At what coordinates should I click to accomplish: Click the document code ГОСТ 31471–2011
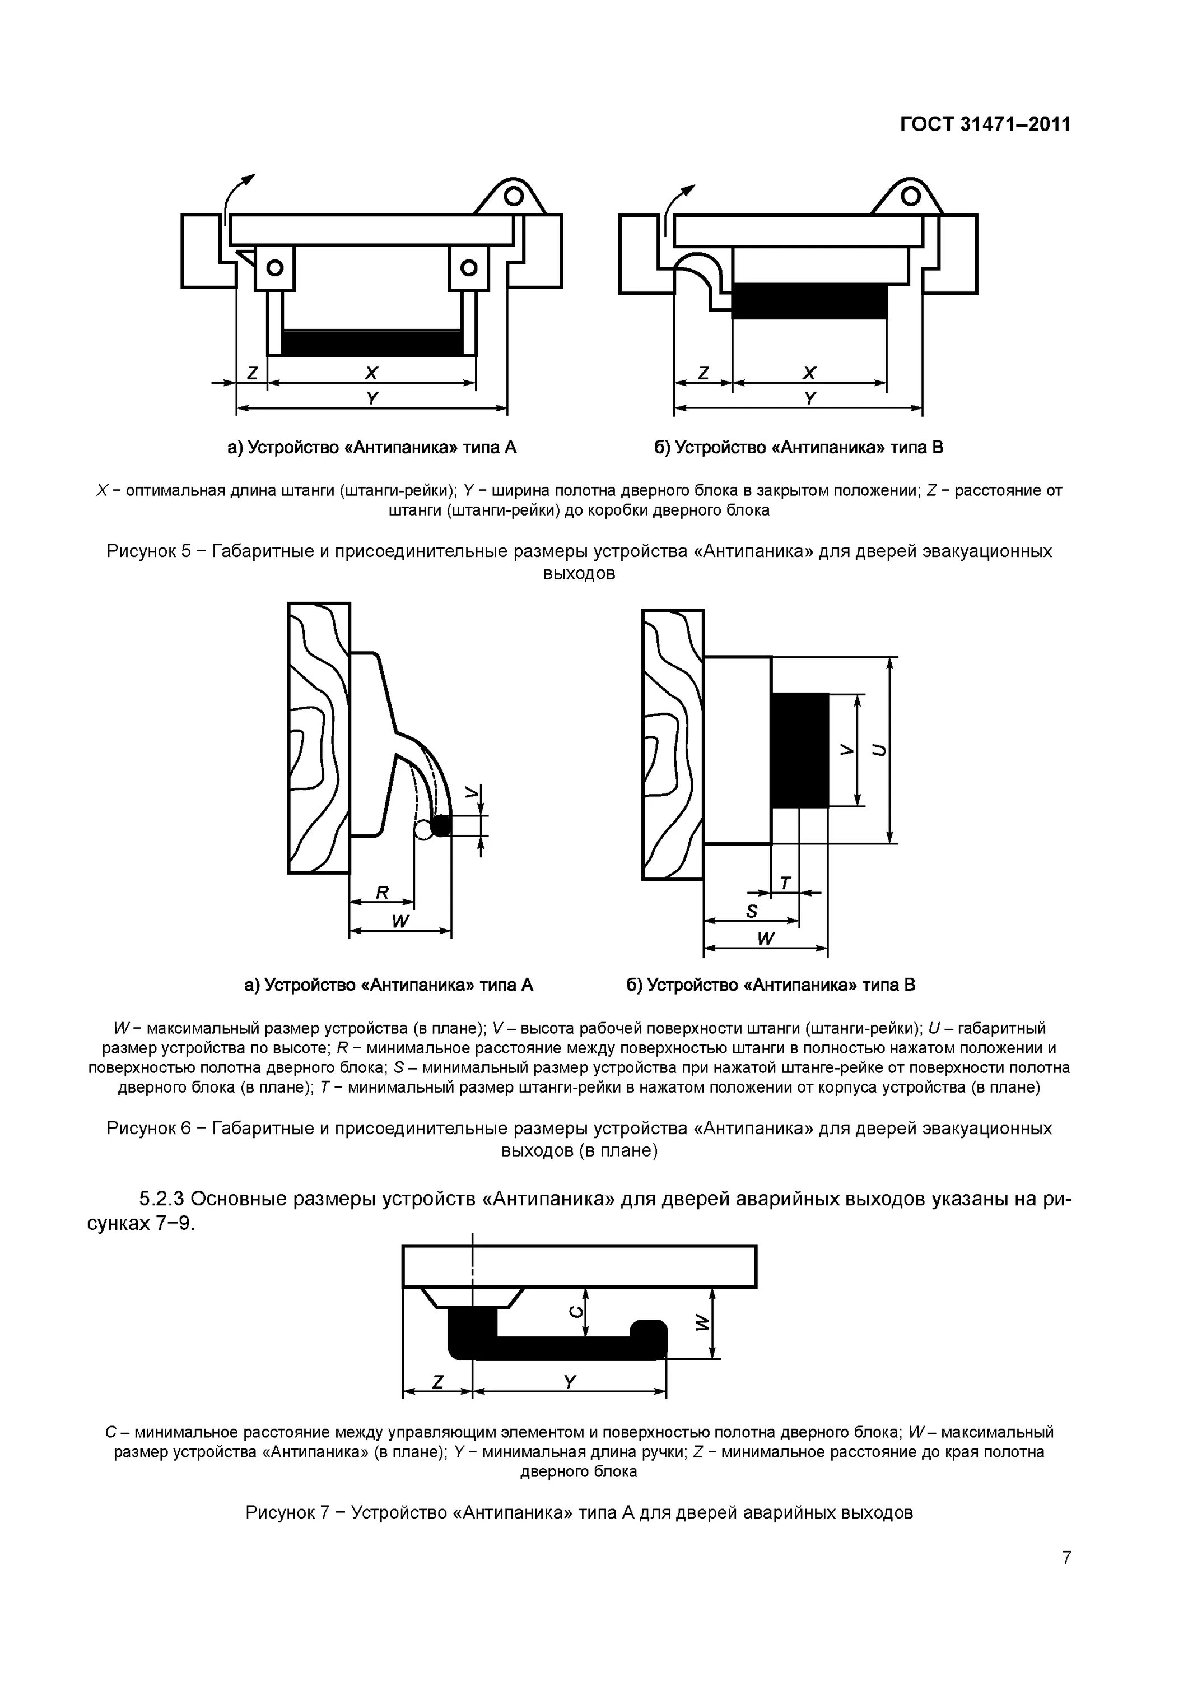pyautogui.click(x=985, y=124)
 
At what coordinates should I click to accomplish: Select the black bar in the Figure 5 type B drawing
pyautogui.click(x=809, y=301)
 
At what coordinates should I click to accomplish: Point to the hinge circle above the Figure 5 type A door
pyautogui.click(x=513, y=196)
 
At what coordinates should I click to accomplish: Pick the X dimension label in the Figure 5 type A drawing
pyautogui.click(x=371, y=373)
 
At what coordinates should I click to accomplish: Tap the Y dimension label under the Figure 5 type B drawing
pyautogui.click(x=809, y=399)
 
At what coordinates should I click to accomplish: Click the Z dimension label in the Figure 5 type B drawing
pyautogui.click(x=704, y=373)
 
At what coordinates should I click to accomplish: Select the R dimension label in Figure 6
pyautogui.click(x=382, y=893)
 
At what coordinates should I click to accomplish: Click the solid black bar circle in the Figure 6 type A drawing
pyautogui.click(x=441, y=826)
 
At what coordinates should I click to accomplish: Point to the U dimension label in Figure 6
pyautogui.click(x=878, y=750)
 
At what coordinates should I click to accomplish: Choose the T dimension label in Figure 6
pyautogui.click(x=785, y=884)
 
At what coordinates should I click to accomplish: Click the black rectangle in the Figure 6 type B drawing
pyautogui.click(x=799, y=750)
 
